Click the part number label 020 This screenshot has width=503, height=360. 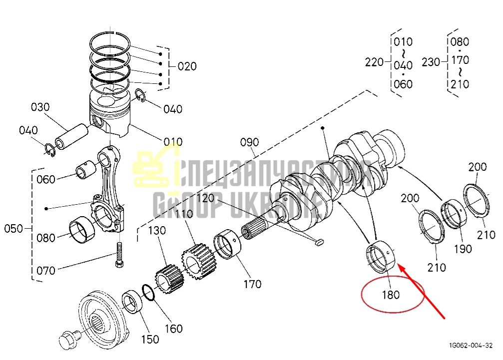point(187,66)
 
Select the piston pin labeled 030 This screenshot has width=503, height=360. point(72,137)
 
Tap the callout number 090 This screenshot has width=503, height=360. point(250,142)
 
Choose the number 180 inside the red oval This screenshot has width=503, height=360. point(391,295)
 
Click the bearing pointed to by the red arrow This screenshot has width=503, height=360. point(381,257)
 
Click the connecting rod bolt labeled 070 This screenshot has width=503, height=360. point(119,255)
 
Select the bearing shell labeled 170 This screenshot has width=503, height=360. point(227,244)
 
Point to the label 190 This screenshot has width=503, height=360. point(463,249)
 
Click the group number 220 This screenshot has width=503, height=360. point(374,62)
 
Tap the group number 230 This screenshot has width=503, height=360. point(431,62)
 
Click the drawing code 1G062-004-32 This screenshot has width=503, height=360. point(471,345)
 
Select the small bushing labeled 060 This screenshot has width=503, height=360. point(86,171)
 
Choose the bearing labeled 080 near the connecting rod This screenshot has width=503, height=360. point(82,230)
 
